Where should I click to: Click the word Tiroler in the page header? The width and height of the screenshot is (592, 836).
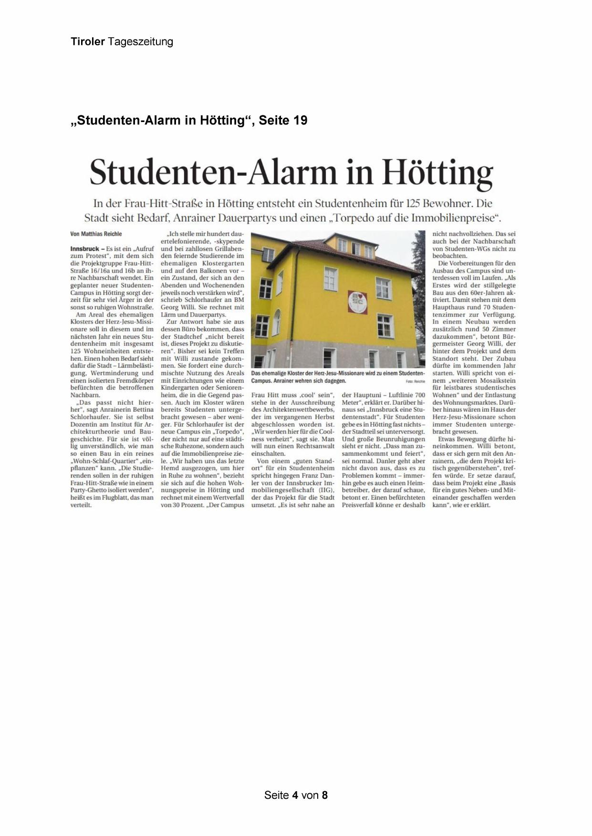(88, 42)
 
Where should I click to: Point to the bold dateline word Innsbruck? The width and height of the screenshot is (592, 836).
(84, 249)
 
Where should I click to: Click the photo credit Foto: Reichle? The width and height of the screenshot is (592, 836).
(415, 382)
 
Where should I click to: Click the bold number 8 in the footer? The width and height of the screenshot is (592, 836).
(325, 795)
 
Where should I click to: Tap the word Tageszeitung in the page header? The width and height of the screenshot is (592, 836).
(140, 42)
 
